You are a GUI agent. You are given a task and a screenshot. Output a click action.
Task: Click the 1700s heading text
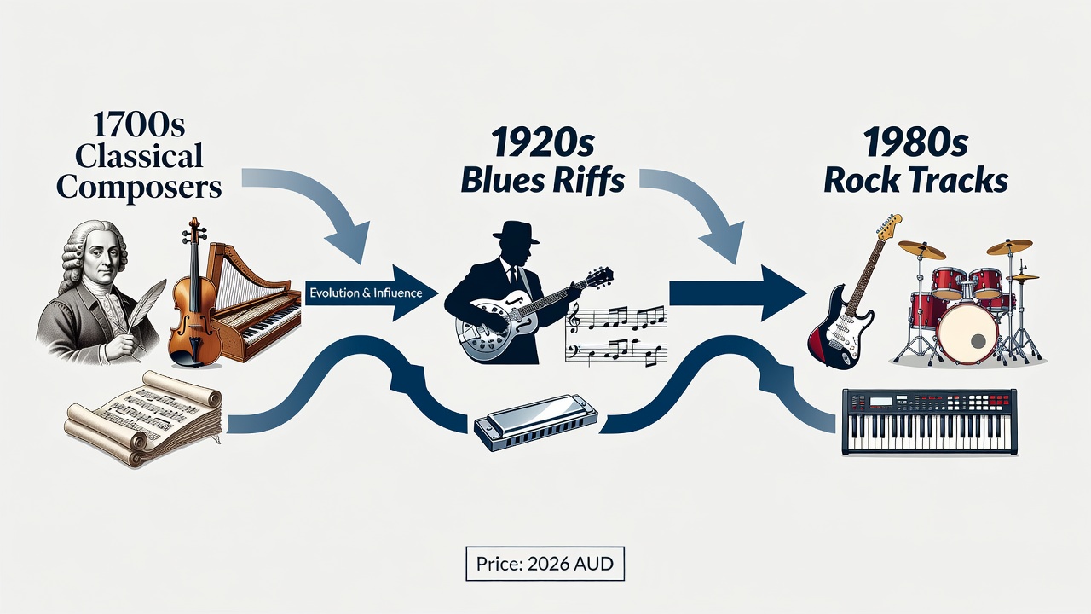click(x=139, y=124)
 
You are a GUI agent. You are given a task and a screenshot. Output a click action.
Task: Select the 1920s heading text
click(x=542, y=142)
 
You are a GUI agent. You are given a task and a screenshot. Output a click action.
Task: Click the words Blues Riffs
click(x=543, y=180)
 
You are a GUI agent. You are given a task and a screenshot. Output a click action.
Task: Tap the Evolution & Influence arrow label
click(x=366, y=293)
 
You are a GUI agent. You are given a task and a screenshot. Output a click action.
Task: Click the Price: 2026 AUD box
click(x=545, y=564)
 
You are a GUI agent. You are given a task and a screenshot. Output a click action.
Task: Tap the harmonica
click(x=536, y=422)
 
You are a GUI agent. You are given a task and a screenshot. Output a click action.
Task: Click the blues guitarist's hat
click(x=516, y=233)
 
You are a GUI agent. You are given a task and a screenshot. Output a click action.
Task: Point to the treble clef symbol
click(x=574, y=318)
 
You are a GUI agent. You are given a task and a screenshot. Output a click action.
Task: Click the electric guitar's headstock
click(x=887, y=226)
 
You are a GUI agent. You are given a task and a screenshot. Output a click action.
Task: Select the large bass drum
click(x=967, y=333)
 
